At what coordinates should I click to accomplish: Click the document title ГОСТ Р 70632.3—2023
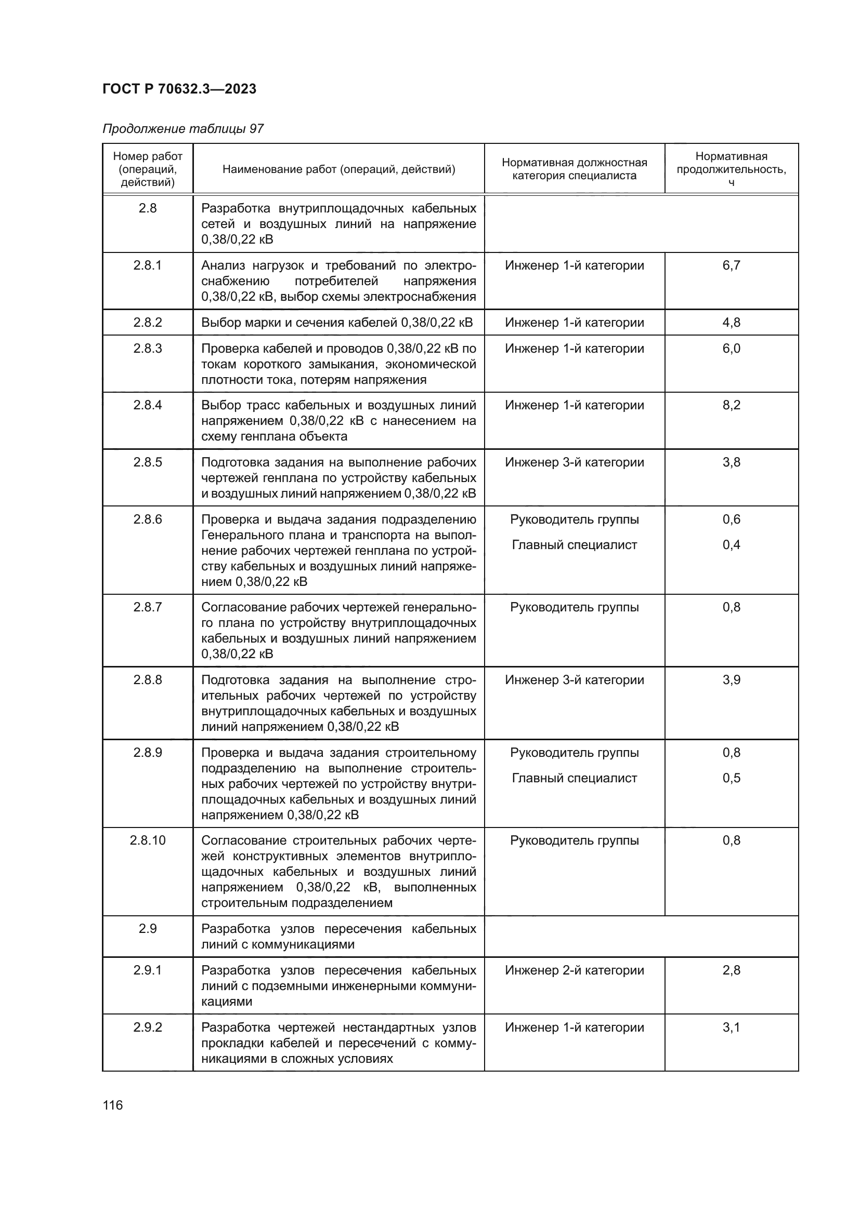click(x=179, y=89)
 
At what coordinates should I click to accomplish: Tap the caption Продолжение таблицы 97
click(x=183, y=129)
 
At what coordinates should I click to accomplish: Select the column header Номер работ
click(x=148, y=169)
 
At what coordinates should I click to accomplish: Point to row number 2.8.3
click(x=148, y=348)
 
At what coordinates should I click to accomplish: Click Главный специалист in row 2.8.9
click(x=574, y=778)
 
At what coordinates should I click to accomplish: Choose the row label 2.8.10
click(x=148, y=840)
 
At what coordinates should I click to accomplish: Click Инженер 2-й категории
click(x=574, y=970)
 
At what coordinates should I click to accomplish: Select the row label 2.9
click(x=148, y=929)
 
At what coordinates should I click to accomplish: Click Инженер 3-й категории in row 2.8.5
click(x=574, y=462)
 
